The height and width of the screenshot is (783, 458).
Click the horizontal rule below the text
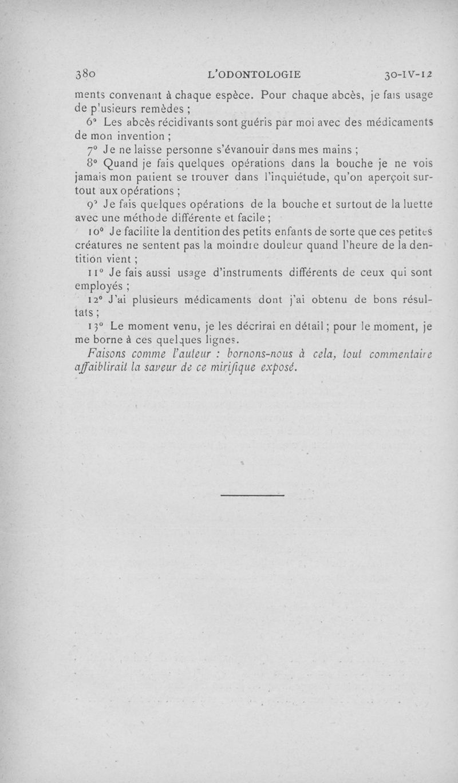pyautogui.click(x=252, y=495)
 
